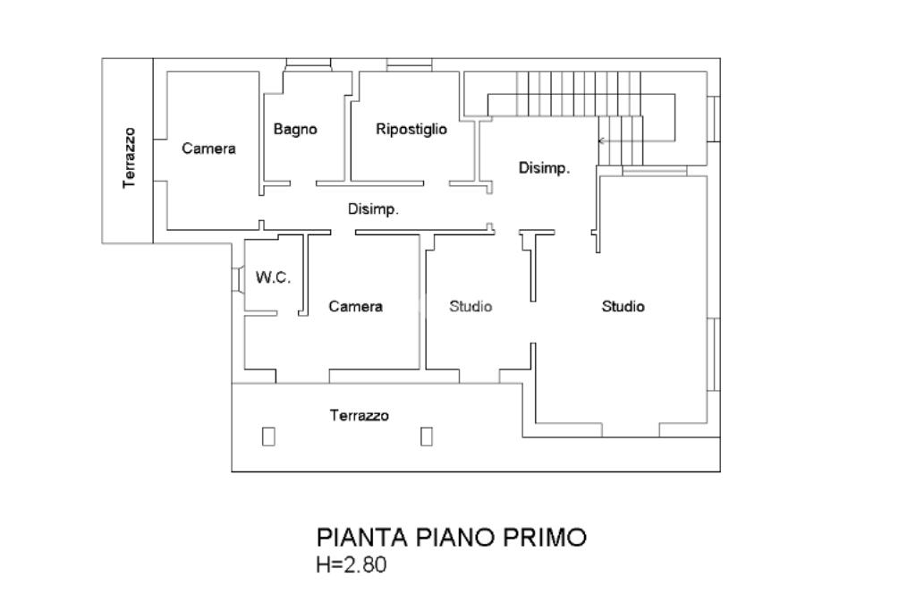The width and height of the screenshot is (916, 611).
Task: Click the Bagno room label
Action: tap(295, 129)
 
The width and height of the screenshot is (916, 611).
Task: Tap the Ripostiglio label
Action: tap(411, 129)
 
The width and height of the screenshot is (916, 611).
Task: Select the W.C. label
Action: tap(273, 277)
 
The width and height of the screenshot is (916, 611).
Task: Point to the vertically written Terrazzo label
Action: tap(129, 157)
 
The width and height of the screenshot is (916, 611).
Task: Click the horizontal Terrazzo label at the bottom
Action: tap(360, 415)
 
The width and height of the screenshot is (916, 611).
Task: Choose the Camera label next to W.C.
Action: tap(355, 306)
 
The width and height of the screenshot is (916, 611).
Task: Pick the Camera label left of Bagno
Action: tap(208, 149)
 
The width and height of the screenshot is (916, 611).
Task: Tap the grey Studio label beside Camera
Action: tap(471, 306)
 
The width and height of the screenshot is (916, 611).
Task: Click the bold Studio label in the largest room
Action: tap(623, 306)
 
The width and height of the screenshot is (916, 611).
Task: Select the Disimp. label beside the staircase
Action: tap(544, 168)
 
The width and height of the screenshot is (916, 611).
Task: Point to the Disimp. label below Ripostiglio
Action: tap(373, 209)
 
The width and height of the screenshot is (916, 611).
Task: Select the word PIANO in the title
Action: tap(455, 537)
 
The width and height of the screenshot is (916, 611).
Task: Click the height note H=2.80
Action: tap(351, 564)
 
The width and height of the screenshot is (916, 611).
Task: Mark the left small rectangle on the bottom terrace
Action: tap(268, 437)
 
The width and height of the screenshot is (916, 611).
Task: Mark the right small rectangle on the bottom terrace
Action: tap(427, 437)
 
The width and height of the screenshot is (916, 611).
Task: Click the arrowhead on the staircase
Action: tap(601, 140)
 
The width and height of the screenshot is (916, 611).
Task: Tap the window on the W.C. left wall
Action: tap(238, 278)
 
